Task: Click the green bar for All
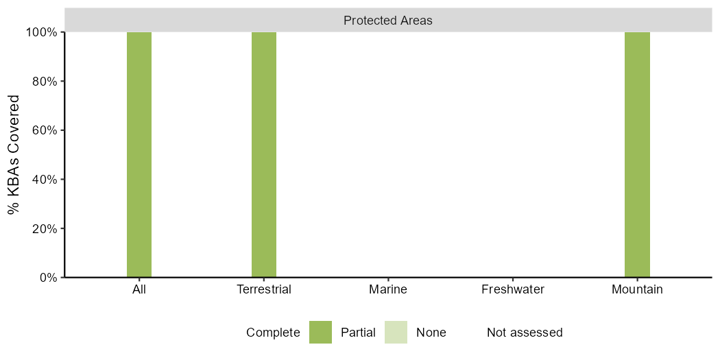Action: pos(139,155)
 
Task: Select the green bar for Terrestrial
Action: pos(264,155)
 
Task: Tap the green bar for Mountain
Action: pos(637,155)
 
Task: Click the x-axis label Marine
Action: pos(388,290)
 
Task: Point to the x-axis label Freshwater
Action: pos(512,290)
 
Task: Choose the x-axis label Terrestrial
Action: pos(264,290)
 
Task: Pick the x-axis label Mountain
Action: pos(637,290)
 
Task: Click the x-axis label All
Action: pos(139,290)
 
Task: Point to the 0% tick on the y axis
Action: pos(47,278)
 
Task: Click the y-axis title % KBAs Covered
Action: pos(14,155)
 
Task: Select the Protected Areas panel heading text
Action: pos(388,21)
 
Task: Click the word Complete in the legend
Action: pos(273,332)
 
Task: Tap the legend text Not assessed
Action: pos(525,332)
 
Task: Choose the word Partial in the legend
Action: pos(358,332)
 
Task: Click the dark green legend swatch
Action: pos(320,332)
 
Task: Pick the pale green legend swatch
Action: pos(396,332)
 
